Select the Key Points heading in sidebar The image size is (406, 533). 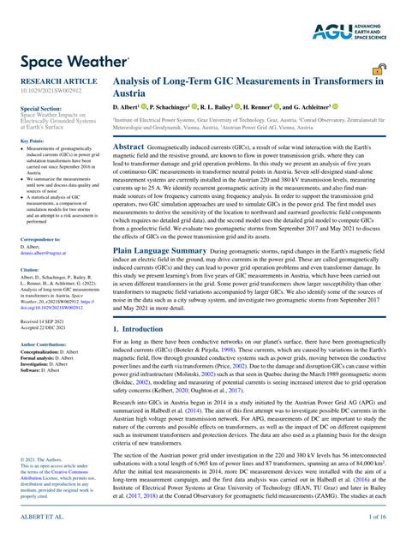pyautogui.click(x=33, y=141)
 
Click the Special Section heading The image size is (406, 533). pyautogui.click(x=40, y=110)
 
